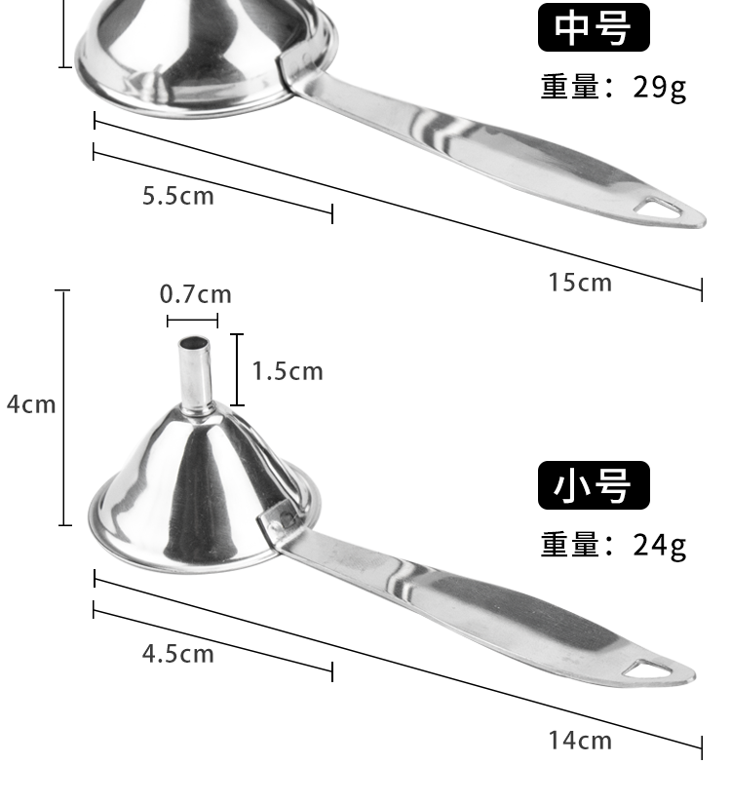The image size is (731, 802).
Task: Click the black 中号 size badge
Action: (x=594, y=27)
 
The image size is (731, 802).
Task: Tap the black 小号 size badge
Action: (x=594, y=485)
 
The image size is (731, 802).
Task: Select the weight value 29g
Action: (x=660, y=88)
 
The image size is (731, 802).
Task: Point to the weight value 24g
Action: (x=660, y=546)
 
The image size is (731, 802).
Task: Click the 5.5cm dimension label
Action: (x=178, y=196)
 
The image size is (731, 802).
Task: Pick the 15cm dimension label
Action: (x=580, y=283)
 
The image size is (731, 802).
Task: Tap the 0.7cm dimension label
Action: (x=195, y=294)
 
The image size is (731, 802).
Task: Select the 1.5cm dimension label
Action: (x=288, y=371)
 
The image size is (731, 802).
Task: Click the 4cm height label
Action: (x=31, y=404)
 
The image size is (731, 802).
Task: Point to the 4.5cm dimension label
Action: (x=178, y=654)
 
